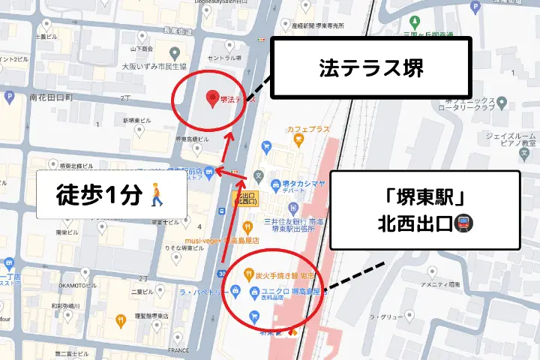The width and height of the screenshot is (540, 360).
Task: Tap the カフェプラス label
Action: (308, 129)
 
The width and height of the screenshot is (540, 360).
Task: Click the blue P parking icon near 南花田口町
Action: (9, 97)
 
